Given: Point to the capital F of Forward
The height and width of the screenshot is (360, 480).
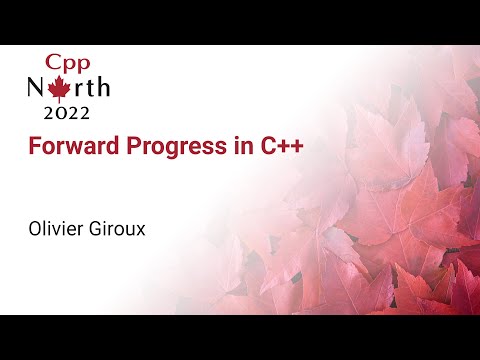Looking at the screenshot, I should pos(33,146).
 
